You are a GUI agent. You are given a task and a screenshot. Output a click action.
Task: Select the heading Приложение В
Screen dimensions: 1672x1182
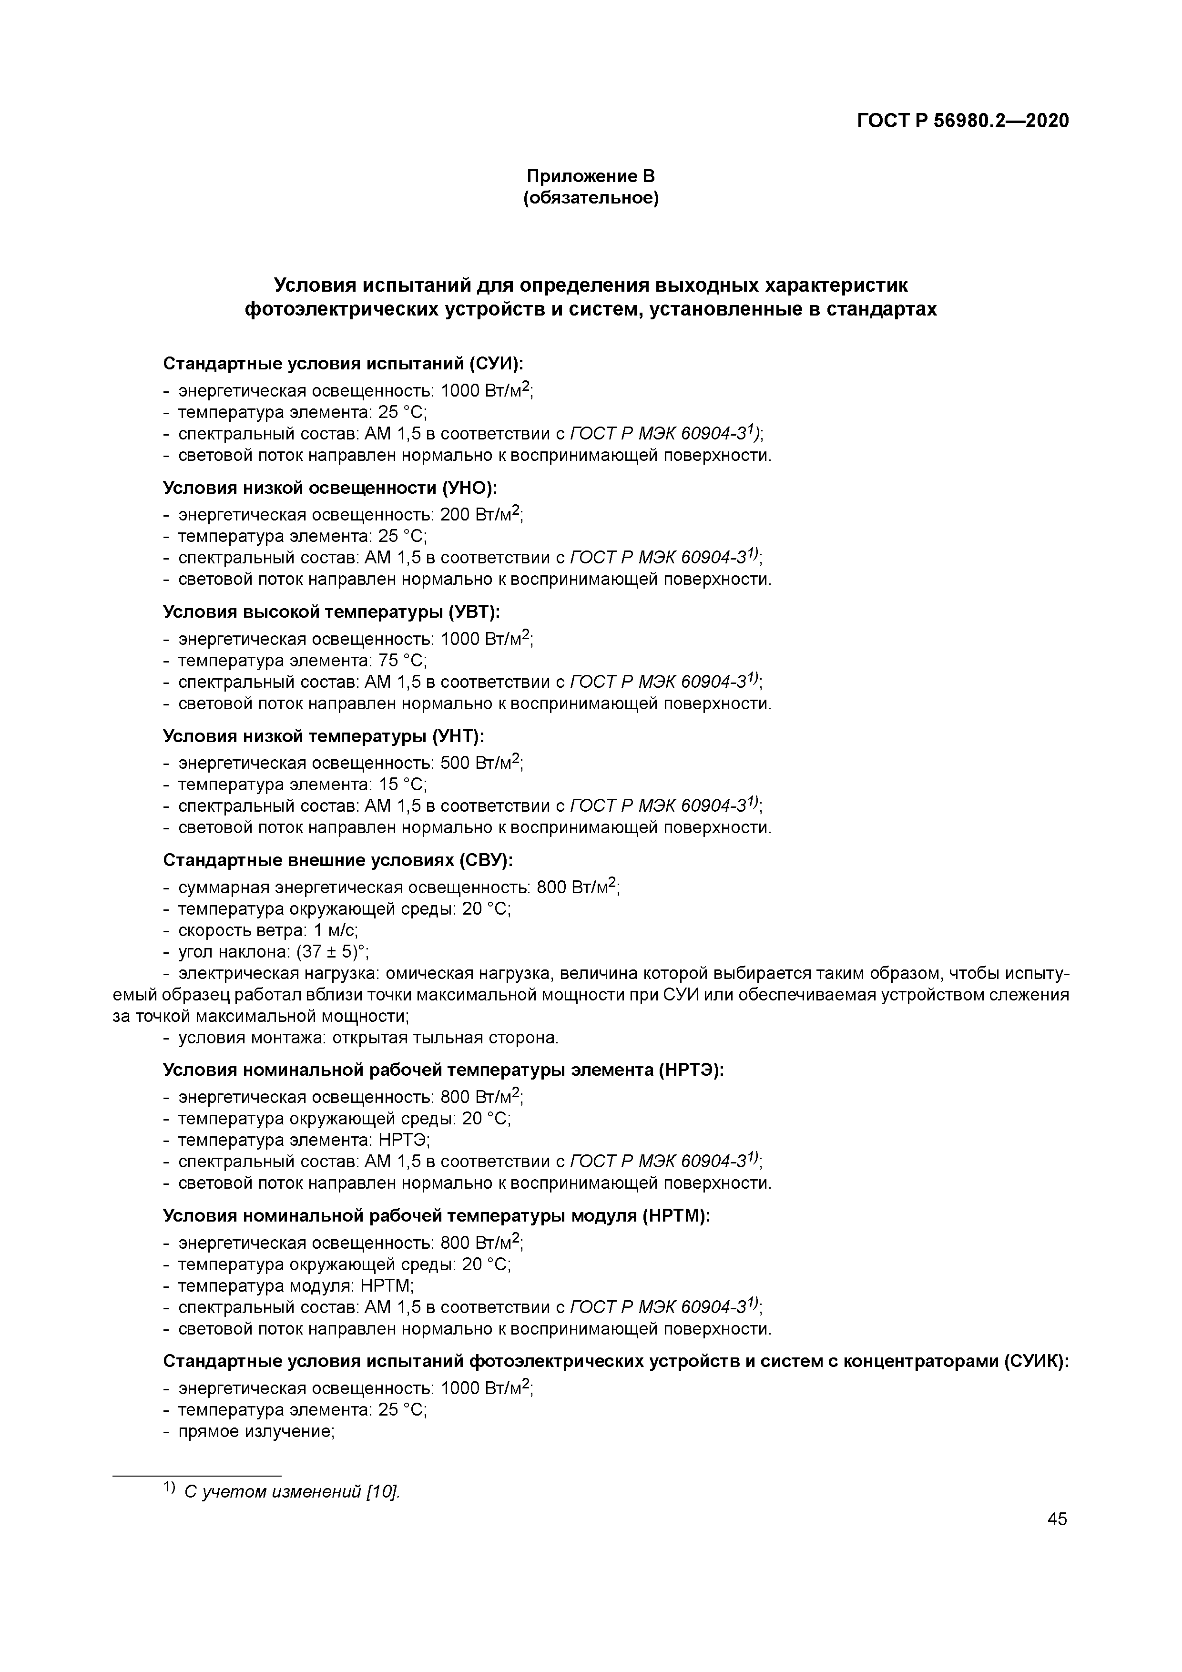click(x=591, y=176)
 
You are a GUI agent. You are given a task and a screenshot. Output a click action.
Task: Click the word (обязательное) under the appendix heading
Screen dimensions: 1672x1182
click(x=591, y=198)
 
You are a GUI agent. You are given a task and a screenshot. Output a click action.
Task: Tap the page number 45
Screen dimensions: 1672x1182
click(x=1057, y=1519)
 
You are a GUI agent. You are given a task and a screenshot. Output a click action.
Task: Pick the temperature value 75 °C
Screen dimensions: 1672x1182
click(x=402, y=661)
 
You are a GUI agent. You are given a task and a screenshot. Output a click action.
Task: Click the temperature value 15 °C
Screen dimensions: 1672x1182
click(x=402, y=785)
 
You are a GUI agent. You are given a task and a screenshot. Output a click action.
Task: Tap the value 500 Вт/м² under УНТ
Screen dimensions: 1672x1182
click(x=481, y=763)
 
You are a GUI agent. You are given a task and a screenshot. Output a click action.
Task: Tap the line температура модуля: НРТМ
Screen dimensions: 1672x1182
click(x=295, y=1286)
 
